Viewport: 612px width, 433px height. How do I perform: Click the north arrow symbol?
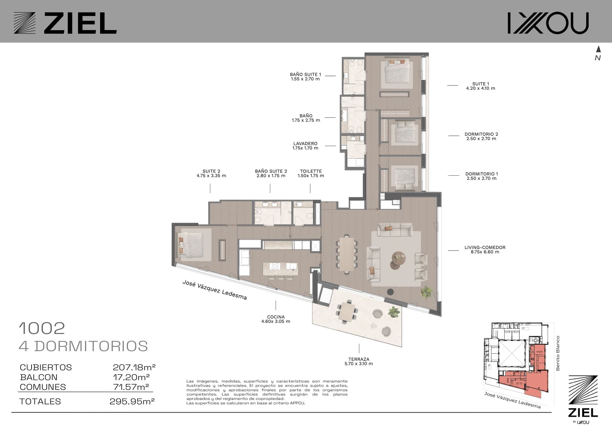click(x=598, y=49)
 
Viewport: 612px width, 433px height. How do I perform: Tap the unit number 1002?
click(x=42, y=328)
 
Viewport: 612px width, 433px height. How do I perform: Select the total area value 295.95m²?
click(x=132, y=401)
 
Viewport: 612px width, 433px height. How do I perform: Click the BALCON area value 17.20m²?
click(x=131, y=377)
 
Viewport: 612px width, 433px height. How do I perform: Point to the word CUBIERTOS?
click(x=46, y=367)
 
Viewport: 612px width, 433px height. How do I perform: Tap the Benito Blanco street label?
click(x=558, y=353)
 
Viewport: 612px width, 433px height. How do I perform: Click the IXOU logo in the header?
click(x=548, y=23)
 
